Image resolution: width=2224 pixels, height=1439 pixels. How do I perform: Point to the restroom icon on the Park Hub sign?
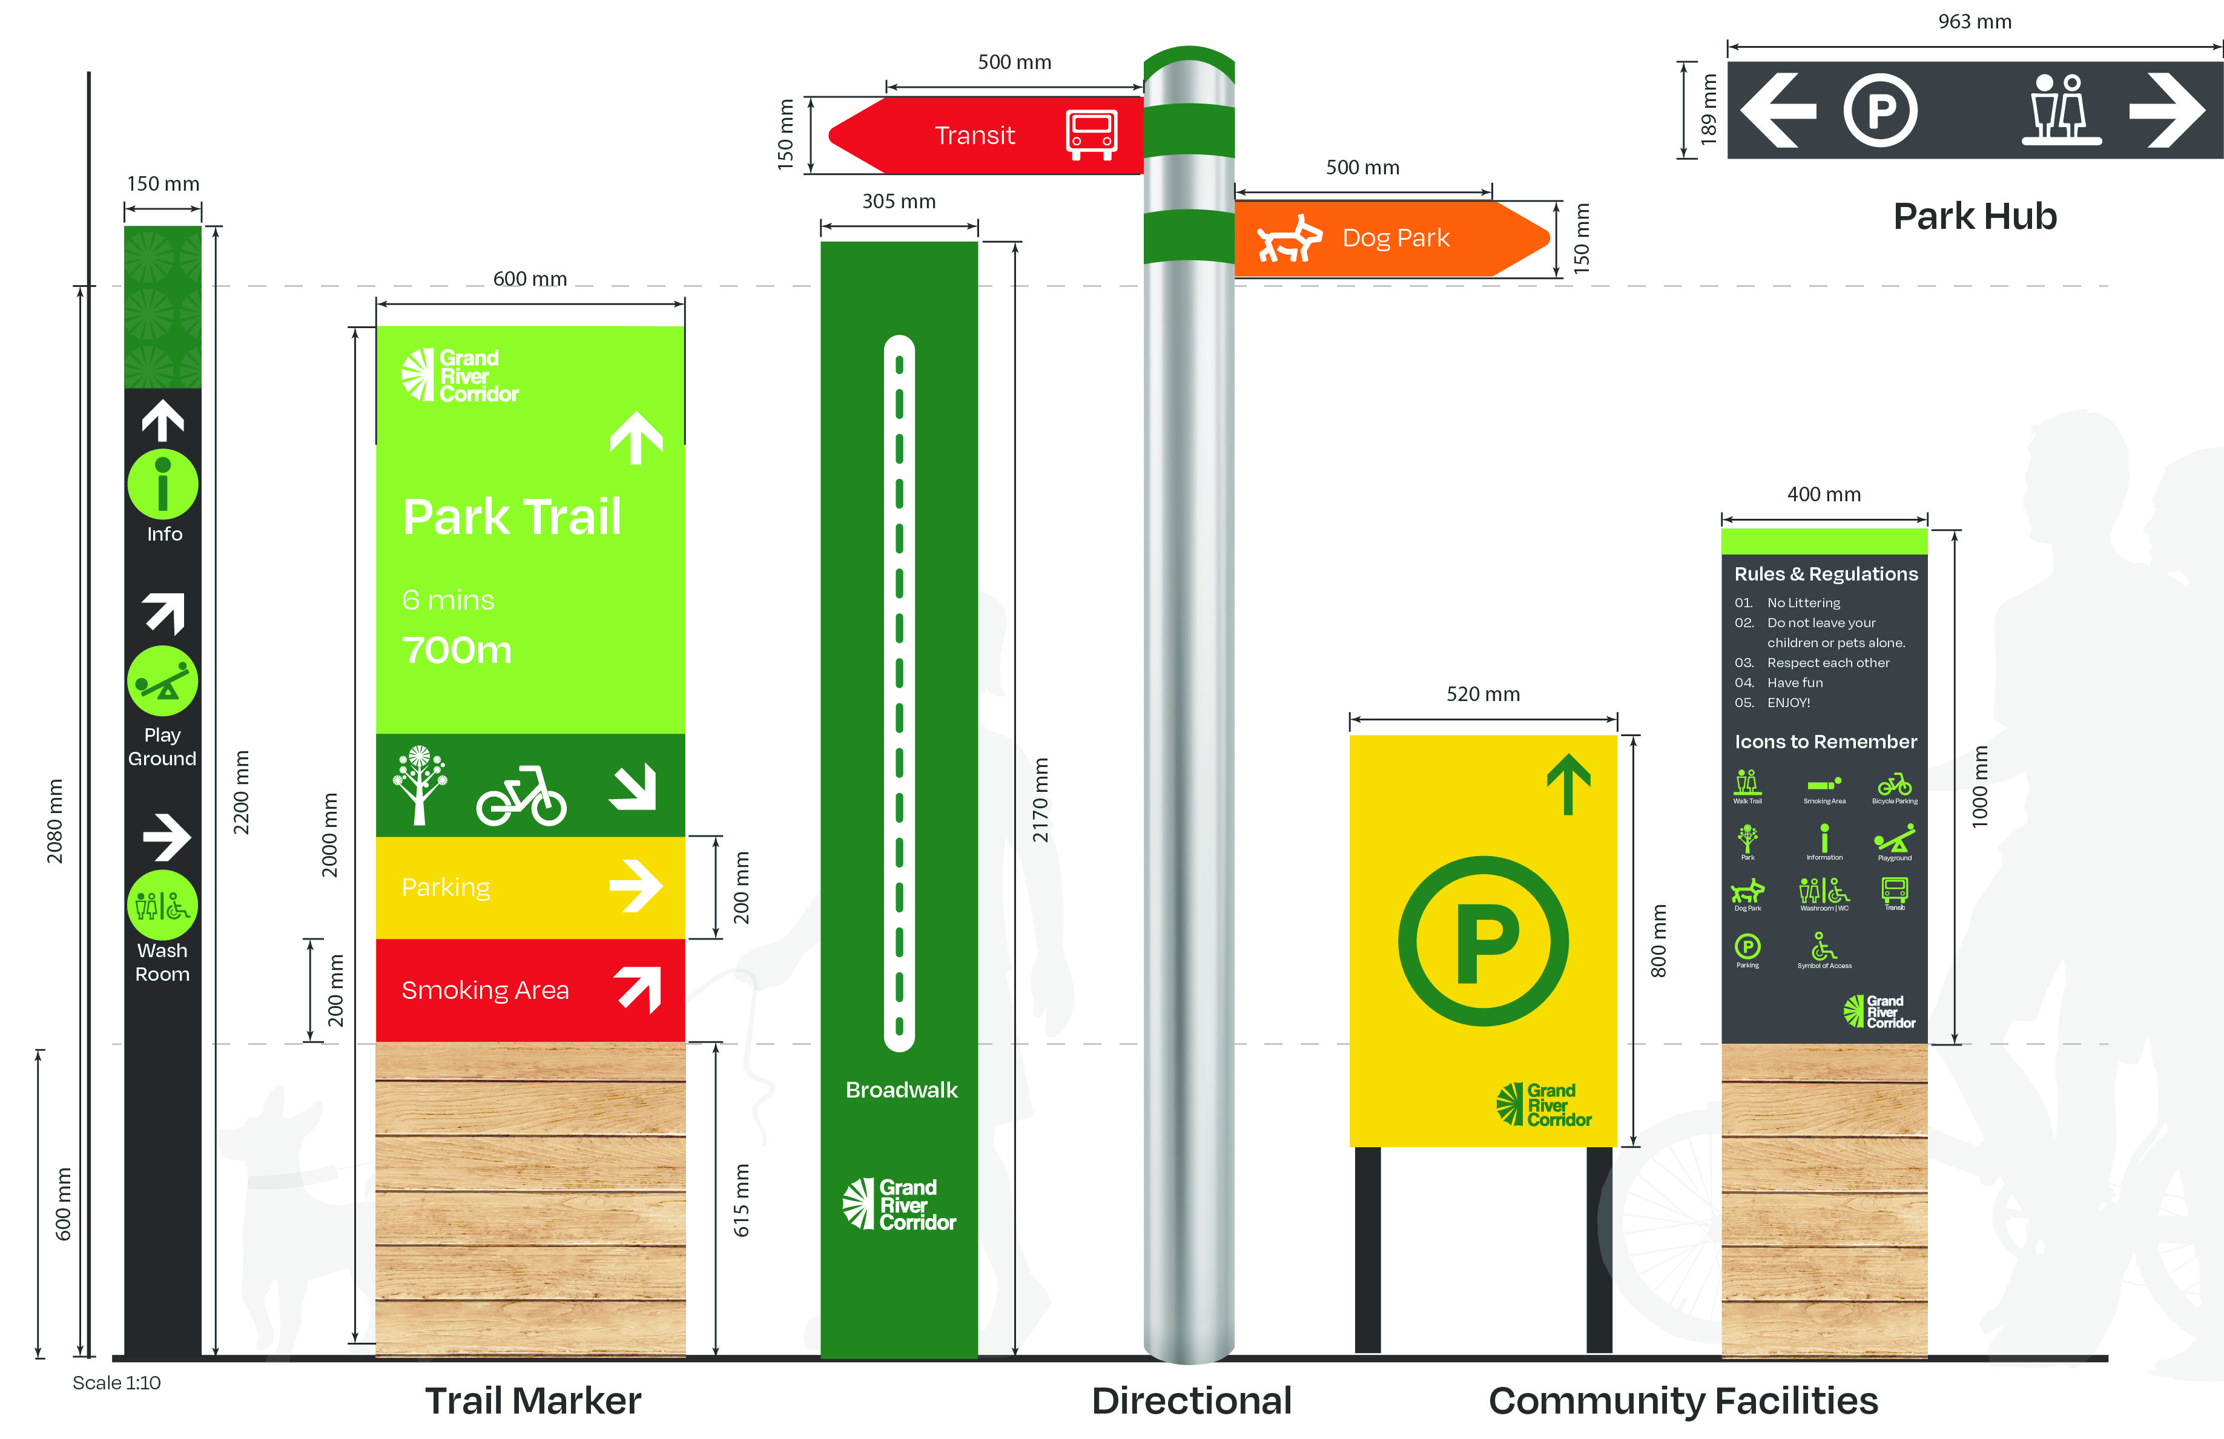[x=2061, y=110]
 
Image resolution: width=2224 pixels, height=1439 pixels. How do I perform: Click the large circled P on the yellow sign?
[x=1483, y=941]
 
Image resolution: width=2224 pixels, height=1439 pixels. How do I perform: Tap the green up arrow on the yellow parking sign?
[x=1568, y=783]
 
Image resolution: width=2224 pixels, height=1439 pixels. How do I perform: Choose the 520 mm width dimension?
[x=1483, y=694]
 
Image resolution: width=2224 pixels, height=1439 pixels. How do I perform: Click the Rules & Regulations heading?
[x=1825, y=574]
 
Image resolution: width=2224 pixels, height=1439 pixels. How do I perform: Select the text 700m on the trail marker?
[x=457, y=650]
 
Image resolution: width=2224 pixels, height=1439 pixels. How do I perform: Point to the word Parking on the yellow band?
[x=446, y=887]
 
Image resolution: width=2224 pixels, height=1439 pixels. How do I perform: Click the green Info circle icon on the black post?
[x=163, y=485]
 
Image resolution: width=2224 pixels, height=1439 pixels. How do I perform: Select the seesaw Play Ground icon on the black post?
[x=163, y=682]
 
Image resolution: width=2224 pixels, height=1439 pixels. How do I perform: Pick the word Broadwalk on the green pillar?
[x=901, y=1090]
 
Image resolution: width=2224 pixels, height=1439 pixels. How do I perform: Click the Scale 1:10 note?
[x=117, y=1383]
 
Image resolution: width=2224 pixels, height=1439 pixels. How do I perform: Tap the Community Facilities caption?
[x=1683, y=1401]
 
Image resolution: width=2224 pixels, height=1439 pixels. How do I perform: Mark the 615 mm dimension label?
[x=741, y=1200]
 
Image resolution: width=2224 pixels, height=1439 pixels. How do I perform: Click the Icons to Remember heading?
[x=1825, y=742]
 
